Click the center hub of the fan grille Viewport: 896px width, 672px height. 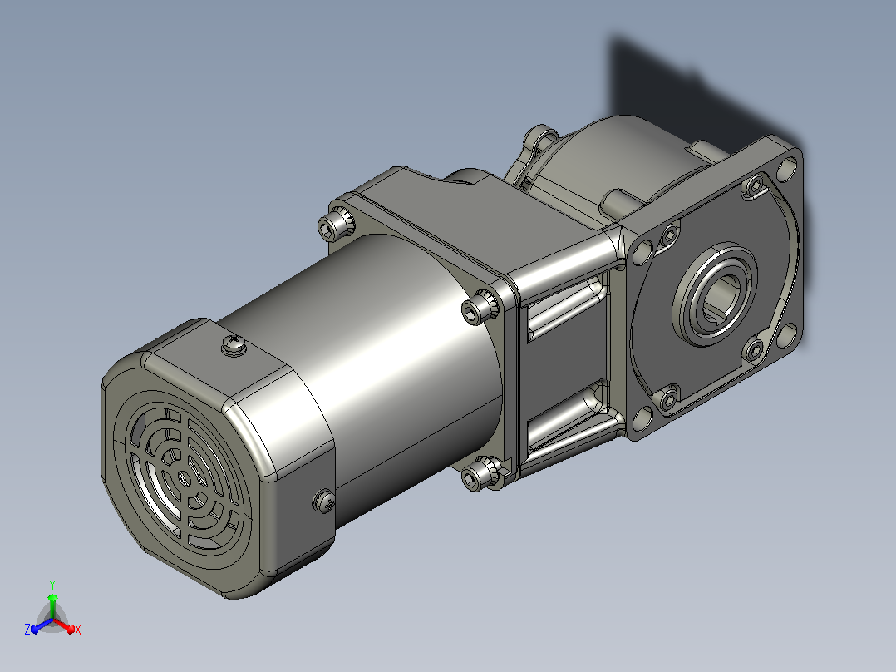pyautogui.click(x=184, y=479)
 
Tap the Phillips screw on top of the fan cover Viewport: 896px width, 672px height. pyautogui.click(x=234, y=345)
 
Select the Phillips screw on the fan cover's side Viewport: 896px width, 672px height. pyautogui.click(x=324, y=501)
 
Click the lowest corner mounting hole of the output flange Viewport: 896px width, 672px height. pyautogui.click(x=642, y=419)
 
